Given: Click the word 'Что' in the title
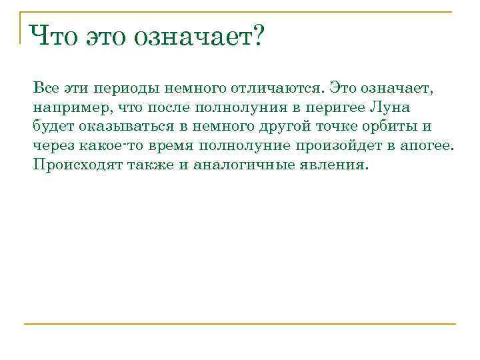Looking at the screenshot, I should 53,36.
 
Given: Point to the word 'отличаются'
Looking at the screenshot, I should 281,89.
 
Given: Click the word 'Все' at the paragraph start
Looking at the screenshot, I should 46,89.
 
